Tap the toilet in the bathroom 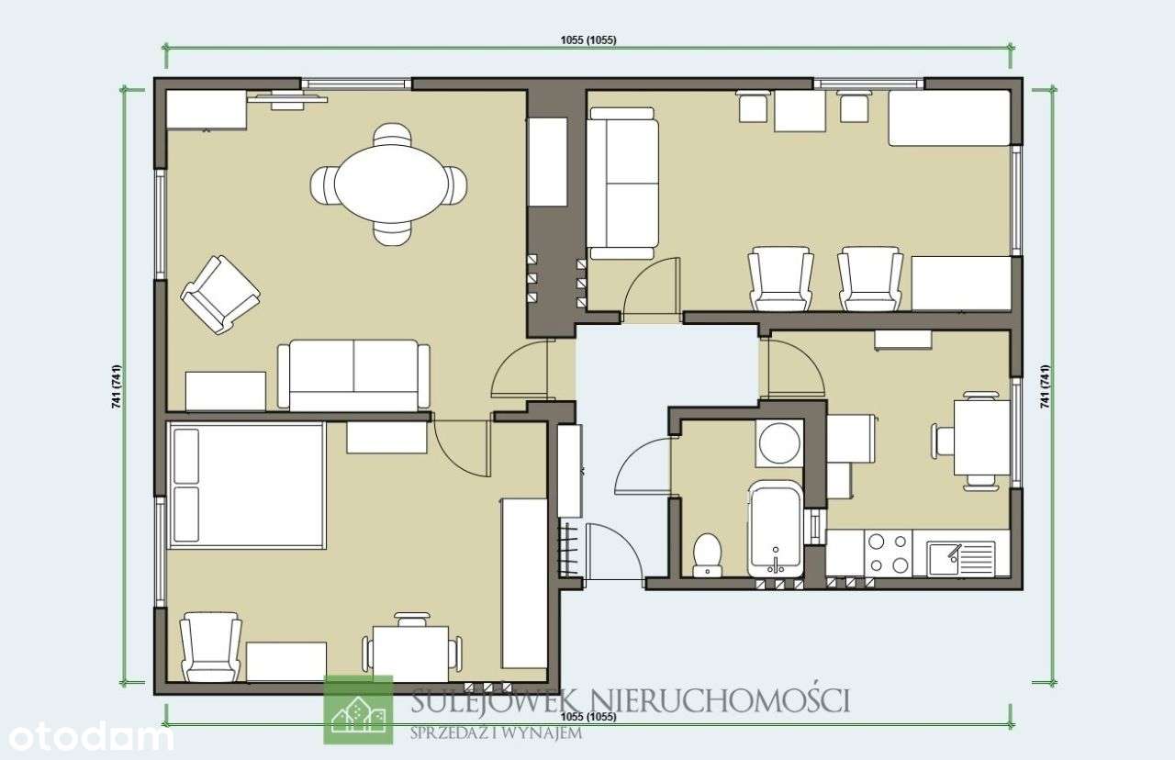click(707, 554)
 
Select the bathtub click(776, 529)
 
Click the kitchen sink click(960, 557)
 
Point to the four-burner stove click(889, 553)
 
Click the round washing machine click(779, 443)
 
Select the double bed click(246, 486)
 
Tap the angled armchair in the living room click(219, 294)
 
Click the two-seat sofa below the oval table click(353, 374)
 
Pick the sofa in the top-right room click(622, 183)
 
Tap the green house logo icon click(358, 710)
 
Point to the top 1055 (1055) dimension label click(587, 39)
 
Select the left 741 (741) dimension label click(117, 386)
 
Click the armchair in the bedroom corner click(210, 647)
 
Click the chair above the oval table click(392, 136)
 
